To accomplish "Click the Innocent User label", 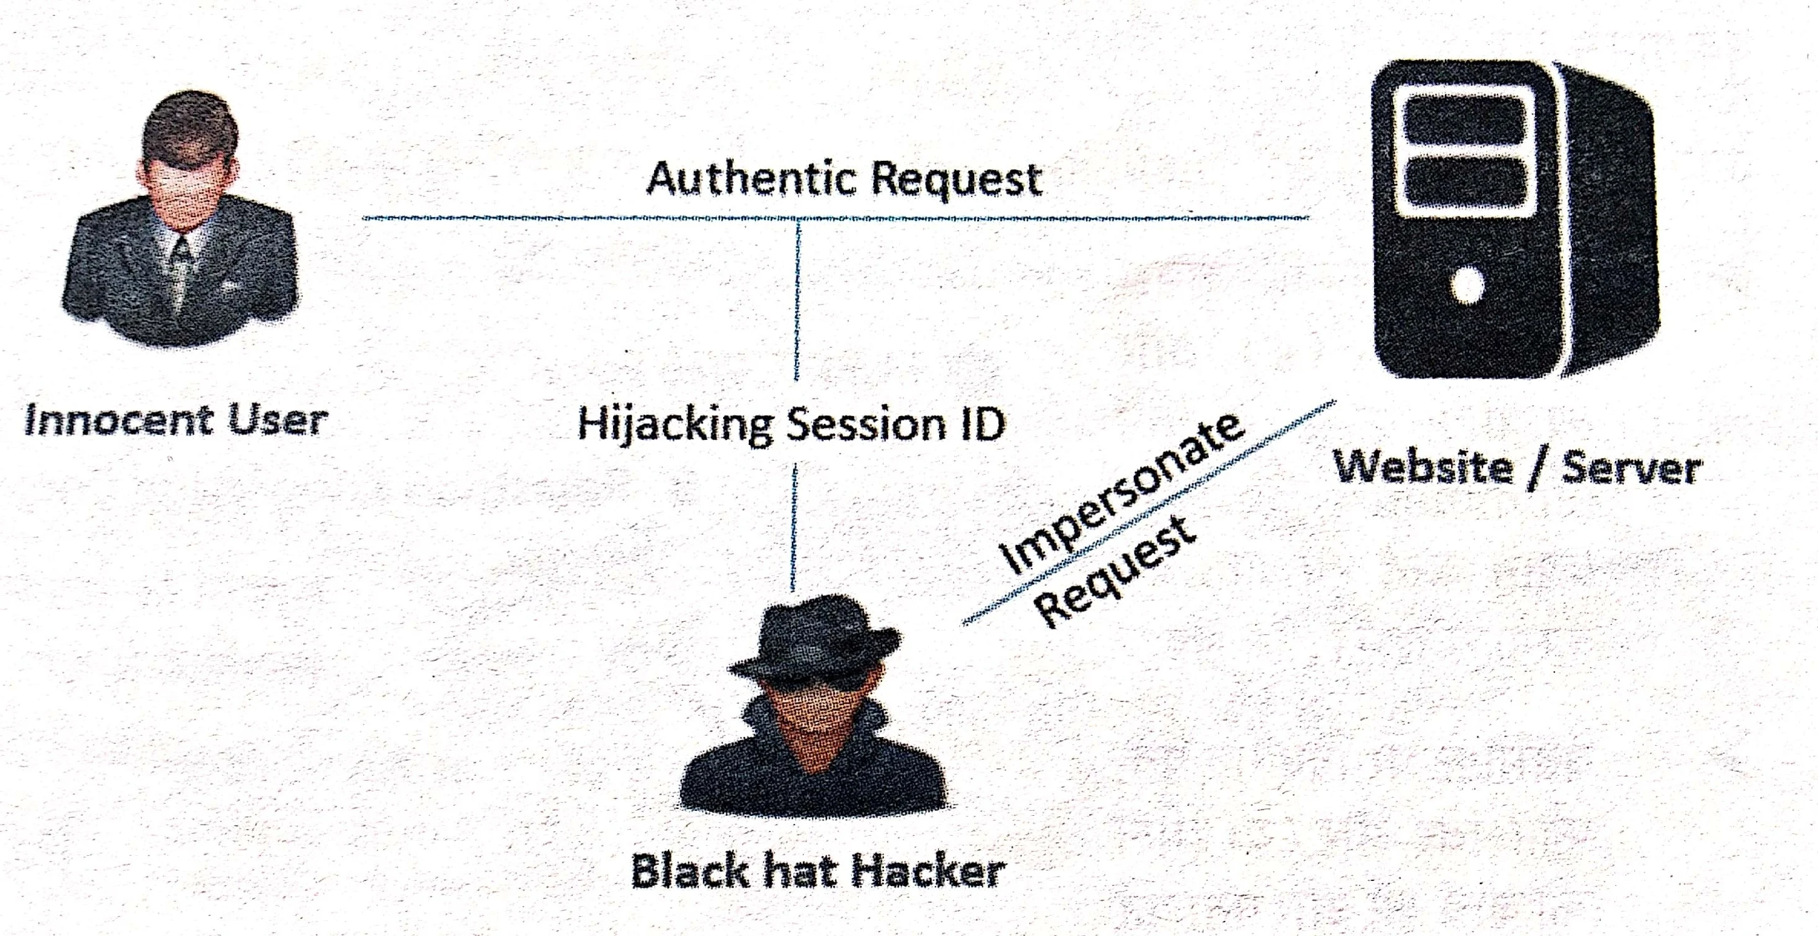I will click(x=176, y=421).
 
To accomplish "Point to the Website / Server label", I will click(x=1518, y=469).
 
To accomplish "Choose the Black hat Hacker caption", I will click(x=817, y=872).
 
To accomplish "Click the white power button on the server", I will click(x=1469, y=286).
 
